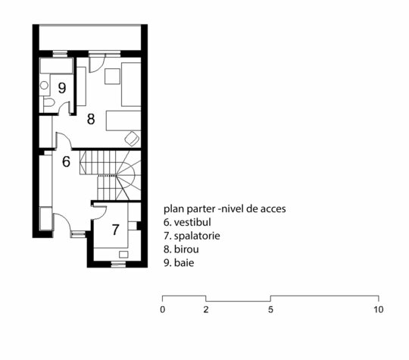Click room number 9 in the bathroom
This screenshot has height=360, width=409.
62,88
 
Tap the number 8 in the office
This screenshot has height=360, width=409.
91,119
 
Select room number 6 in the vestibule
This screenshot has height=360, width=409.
66,161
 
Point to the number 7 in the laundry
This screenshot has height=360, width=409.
116,230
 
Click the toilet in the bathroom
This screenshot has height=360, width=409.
48,102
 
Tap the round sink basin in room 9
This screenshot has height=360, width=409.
44,85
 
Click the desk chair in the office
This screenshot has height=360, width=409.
132,138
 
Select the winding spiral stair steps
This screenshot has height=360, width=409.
128,175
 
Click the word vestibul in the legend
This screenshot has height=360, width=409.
192,222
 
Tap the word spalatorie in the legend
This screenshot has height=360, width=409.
197,236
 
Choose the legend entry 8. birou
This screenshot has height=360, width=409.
181,249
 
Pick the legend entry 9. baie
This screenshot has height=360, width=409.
179,263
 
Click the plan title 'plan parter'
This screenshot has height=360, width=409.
189,209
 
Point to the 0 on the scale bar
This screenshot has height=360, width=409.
163,310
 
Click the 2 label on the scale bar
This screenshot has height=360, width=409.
206,310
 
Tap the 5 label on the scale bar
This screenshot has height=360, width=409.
270,310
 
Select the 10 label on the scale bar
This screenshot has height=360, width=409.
379,310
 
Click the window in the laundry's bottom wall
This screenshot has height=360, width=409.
119,265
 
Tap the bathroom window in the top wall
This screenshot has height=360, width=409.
61,54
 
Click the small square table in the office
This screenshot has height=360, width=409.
112,77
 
